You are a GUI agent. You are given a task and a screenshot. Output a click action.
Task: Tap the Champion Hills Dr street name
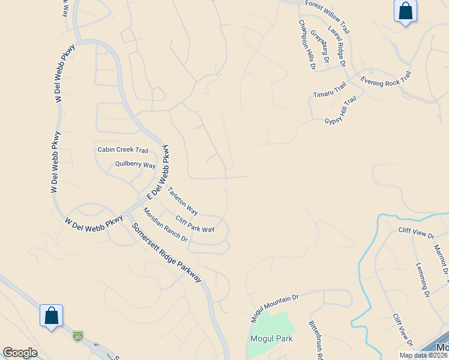[307, 44]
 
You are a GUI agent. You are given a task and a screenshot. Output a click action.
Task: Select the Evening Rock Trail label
[385, 78]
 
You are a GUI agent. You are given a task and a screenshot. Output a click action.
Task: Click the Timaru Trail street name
[330, 91]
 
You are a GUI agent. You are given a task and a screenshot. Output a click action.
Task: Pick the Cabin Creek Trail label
[123, 150]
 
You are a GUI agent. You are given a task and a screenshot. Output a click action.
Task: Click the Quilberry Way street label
[135, 165]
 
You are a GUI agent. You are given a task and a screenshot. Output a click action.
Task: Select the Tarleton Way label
[182, 201]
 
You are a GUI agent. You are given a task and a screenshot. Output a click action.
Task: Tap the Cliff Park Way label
[194, 224]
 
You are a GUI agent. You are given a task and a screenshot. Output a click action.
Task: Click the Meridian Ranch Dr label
[165, 224]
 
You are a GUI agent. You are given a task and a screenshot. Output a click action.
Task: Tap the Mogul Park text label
[271, 338]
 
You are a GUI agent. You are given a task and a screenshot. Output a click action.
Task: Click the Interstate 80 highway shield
[77, 337]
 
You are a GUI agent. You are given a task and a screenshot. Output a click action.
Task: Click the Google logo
[20, 352]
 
